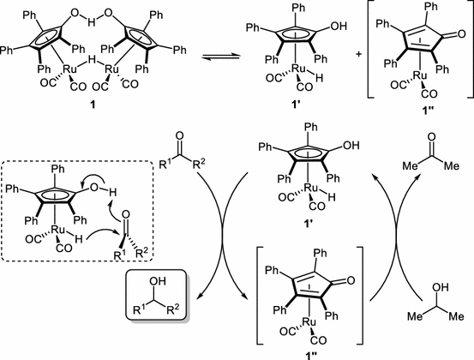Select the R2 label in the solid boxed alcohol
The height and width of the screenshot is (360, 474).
point(179,310)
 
